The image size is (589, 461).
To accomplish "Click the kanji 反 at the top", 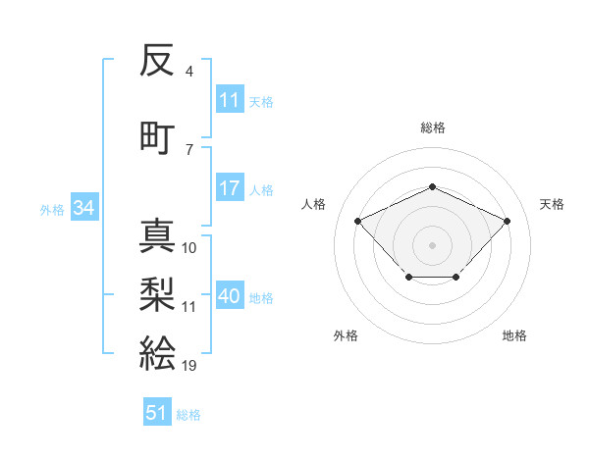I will [x=157, y=62].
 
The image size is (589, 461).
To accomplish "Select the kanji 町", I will [x=157, y=134].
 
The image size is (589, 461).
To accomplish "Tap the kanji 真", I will [x=157, y=234].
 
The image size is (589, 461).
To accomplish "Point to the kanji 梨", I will [x=157, y=291].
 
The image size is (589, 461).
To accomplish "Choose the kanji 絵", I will [x=157, y=350].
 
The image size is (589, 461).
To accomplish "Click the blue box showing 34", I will [x=83, y=207].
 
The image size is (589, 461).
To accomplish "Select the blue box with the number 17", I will [x=229, y=188].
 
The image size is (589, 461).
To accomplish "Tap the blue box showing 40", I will [x=230, y=296].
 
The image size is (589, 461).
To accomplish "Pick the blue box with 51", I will [x=157, y=413].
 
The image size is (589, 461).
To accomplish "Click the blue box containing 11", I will [x=230, y=99].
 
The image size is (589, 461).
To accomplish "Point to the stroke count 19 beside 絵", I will [x=188, y=365].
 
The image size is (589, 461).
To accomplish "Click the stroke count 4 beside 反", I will [x=188, y=72].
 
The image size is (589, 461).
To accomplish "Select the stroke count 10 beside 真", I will [x=189, y=248].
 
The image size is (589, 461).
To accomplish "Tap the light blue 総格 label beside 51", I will [x=188, y=415].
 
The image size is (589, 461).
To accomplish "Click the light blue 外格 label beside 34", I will [x=52, y=209].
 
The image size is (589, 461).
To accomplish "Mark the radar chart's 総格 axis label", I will [x=432, y=128].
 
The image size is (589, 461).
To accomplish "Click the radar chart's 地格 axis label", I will [x=514, y=335].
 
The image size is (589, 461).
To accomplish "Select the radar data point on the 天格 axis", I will [x=507, y=221].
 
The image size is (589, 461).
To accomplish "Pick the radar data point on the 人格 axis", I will [x=358, y=221].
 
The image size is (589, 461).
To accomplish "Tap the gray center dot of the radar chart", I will [x=432, y=244].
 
